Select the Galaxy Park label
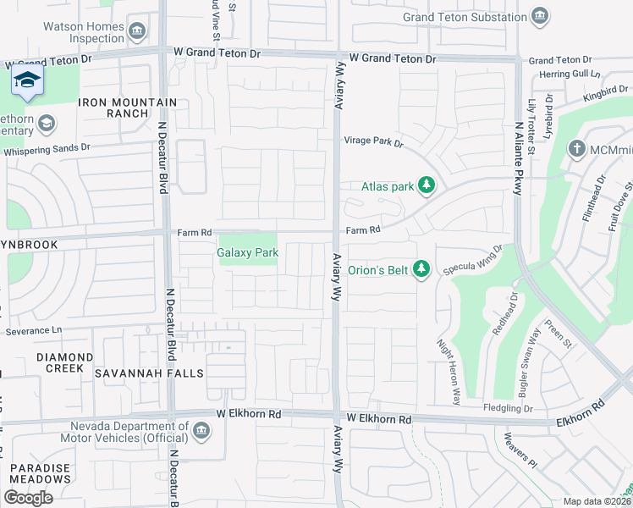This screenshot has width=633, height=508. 248,252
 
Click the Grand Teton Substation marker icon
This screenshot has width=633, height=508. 539,17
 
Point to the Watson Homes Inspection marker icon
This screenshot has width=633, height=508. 138,31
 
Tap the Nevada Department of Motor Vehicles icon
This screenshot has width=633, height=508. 201,432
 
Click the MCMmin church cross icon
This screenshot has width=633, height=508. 576,150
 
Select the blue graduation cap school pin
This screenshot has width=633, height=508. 28,81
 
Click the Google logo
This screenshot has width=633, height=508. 28,498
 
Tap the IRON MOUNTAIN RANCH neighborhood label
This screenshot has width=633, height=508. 128,108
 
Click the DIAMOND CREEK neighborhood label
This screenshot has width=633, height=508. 65,362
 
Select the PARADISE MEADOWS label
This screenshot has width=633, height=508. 41,473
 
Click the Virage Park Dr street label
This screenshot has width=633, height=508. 373,141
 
